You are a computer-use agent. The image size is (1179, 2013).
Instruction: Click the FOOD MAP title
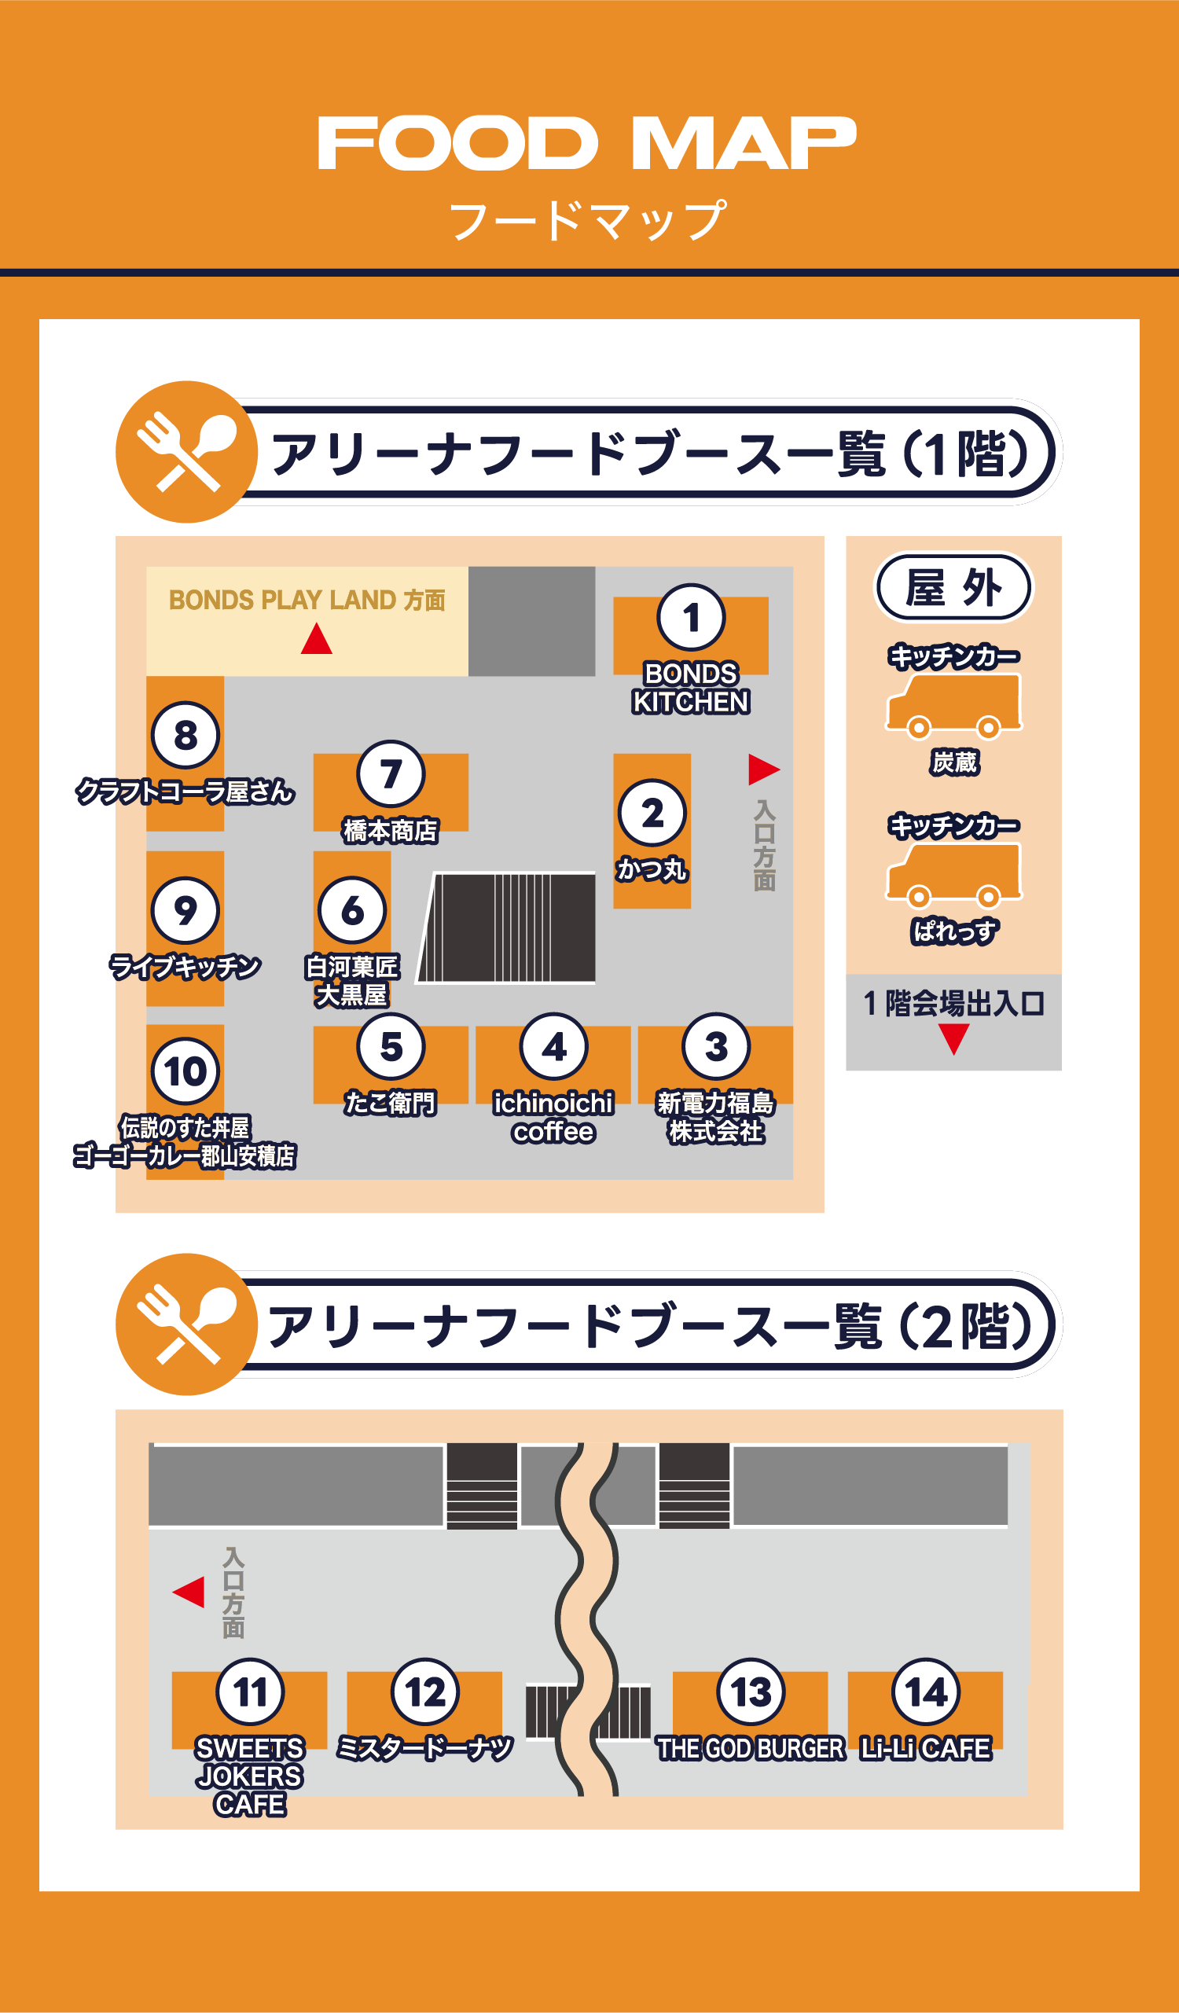(x=587, y=143)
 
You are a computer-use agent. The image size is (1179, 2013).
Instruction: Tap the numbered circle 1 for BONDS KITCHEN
(x=691, y=618)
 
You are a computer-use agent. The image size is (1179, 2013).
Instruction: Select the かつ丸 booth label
(x=652, y=869)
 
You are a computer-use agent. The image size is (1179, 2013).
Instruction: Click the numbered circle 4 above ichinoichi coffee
(x=553, y=1046)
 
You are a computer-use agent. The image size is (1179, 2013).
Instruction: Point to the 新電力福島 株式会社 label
(x=716, y=1117)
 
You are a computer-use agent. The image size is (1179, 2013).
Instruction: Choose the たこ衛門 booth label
(x=391, y=1103)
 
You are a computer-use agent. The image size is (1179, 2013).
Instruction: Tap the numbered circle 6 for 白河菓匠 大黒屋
(x=351, y=910)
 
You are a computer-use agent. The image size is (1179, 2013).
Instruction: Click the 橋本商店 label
(x=391, y=831)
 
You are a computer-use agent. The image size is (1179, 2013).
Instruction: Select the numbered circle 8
(x=185, y=735)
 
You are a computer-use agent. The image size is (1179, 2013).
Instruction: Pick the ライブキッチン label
(x=185, y=967)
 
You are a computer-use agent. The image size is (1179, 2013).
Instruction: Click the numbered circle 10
(x=185, y=1071)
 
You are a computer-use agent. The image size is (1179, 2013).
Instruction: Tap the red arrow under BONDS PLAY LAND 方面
(x=316, y=639)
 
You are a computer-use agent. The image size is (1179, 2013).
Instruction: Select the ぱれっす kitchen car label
(x=953, y=931)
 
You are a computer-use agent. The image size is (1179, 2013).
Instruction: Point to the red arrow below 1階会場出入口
(x=953, y=1038)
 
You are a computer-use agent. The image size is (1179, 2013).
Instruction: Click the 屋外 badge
(x=953, y=587)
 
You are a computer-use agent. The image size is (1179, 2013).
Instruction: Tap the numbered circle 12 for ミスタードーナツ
(x=425, y=1692)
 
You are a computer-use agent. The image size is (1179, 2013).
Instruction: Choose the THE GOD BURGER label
(x=750, y=1749)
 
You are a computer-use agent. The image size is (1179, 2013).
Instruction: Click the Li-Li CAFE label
(x=926, y=1749)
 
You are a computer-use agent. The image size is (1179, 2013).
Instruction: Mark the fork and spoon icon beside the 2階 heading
(x=186, y=1324)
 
